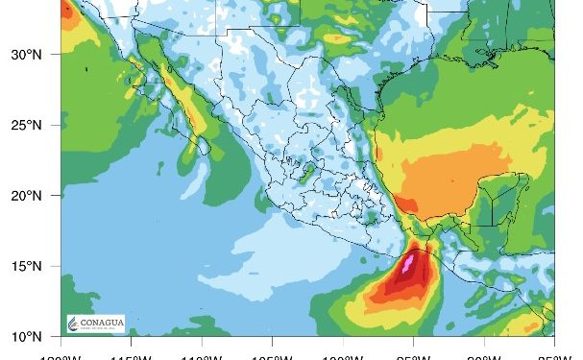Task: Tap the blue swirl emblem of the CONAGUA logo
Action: point(74,323)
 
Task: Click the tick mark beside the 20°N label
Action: point(60,196)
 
